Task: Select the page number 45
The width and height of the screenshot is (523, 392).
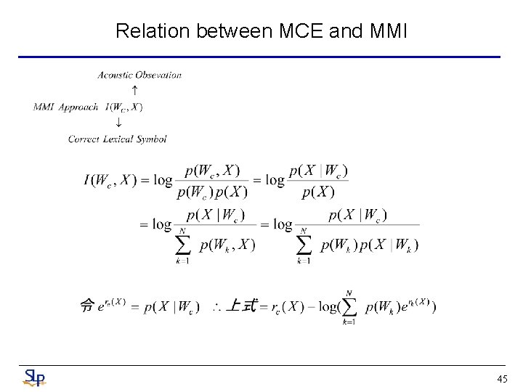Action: (502, 379)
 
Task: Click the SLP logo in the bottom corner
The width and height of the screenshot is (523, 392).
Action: (34, 377)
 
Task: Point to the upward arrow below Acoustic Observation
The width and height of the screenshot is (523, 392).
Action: (134, 90)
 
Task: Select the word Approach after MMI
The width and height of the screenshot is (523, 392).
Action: (78, 107)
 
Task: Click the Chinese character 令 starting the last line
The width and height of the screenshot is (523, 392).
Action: (87, 306)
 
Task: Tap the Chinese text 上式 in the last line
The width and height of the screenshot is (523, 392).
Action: (243, 306)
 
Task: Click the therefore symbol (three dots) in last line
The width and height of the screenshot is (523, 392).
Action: (216, 307)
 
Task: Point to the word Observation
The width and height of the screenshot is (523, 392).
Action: (160, 74)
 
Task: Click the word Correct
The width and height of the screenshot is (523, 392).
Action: (83, 139)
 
